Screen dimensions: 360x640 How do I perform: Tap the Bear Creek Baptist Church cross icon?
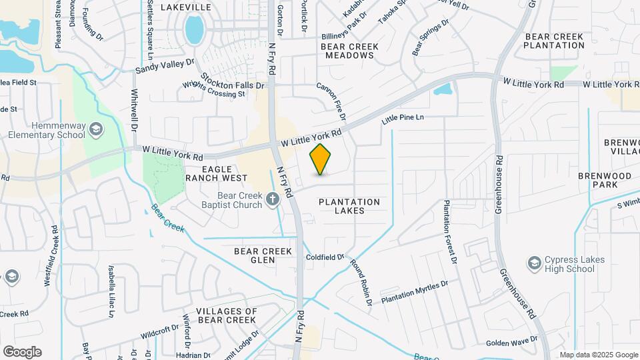click(x=272, y=198)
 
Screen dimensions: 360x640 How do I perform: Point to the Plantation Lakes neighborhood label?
click(x=349, y=206)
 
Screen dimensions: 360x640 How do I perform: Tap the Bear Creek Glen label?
click(x=263, y=255)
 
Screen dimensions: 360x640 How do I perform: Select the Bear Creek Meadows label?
click(x=349, y=51)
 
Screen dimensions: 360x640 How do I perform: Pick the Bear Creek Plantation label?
click(x=554, y=41)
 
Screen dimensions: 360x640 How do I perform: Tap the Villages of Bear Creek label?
click(x=219, y=316)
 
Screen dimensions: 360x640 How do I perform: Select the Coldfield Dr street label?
click(x=325, y=257)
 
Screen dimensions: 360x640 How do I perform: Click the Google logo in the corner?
click(x=22, y=351)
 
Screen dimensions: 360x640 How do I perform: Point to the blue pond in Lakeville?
click(x=194, y=30)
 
